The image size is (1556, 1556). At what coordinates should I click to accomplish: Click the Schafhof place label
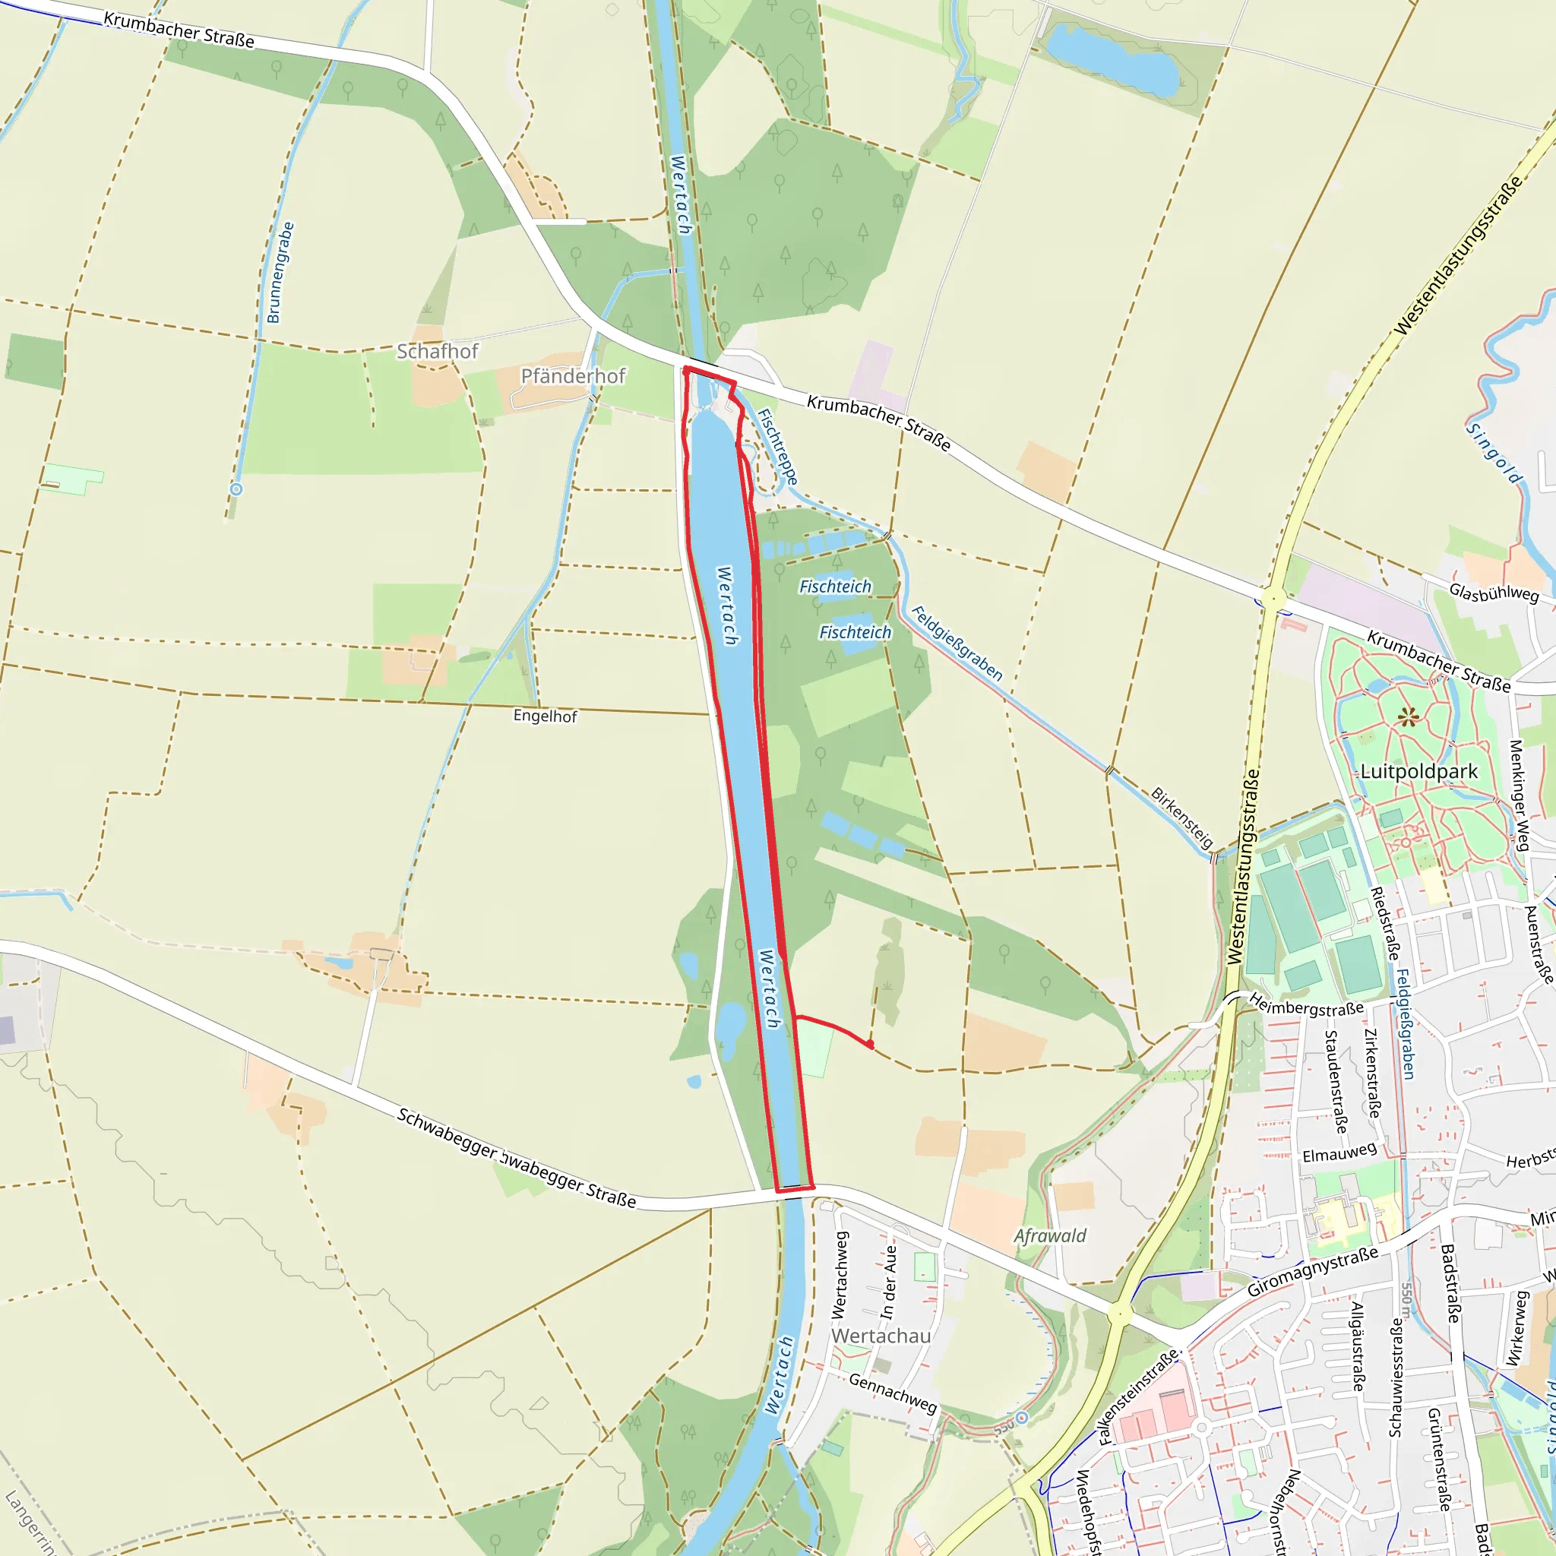[438, 351]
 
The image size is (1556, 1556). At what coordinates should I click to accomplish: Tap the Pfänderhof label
[573, 376]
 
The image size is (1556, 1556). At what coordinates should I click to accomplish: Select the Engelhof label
[546, 716]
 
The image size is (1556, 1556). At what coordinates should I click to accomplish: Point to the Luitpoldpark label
[1419, 772]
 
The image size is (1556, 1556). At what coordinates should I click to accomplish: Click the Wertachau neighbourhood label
[881, 1336]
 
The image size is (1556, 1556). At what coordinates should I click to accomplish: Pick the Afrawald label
[1050, 1236]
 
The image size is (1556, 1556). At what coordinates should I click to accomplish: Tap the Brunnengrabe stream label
[280, 273]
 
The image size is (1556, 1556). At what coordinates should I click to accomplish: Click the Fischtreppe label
[778, 448]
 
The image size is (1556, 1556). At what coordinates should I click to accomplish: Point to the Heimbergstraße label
[1306, 1007]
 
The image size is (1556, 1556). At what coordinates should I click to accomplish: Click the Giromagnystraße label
[1313, 1272]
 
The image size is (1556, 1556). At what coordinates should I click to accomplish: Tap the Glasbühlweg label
[1494, 593]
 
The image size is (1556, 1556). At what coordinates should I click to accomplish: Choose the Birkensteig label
[1182, 818]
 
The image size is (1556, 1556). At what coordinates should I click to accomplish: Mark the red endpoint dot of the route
[870, 1045]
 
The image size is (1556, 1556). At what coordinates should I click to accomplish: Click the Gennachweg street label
[893, 1394]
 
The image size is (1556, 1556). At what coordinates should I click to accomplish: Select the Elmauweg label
[1339, 1153]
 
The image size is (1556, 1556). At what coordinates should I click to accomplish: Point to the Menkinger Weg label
[1519, 795]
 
